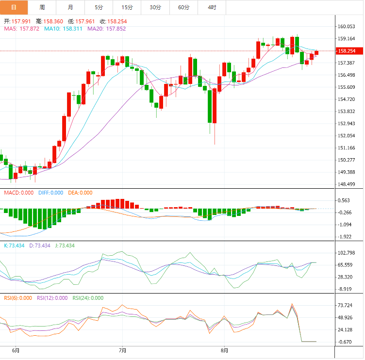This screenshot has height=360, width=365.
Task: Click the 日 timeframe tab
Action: pyautogui.click(x=14, y=7)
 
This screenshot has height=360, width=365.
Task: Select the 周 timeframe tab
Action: pyautogui.click(x=42, y=7)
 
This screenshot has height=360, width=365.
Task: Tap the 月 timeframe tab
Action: pyautogui.click(x=70, y=7)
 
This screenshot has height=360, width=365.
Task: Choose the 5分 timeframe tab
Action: pyautogui.click(x=99, y=7)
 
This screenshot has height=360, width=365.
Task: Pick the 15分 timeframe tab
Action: pyautogui.click(x=127, y=7)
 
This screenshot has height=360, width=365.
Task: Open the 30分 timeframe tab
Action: pyautogui.click(x=155, y=7)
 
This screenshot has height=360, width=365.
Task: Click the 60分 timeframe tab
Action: pyautogui.click(x=184, y=7)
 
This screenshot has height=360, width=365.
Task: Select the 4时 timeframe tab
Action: pyautogui.click(x=212, y=7)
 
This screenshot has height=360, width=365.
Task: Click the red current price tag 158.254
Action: pyautogui.click(x=349, y=51)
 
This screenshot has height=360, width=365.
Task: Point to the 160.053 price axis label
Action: pyautogui.click(x=348, y=27)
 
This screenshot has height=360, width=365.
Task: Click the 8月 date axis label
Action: pyautogui.click(x=224, y=350)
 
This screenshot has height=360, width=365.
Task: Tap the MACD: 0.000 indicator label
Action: pyautogui.click(x=18, y=193)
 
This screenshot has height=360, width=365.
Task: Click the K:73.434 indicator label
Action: pyautogui.click(x=14, y=245)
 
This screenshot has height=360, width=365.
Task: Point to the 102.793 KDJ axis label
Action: pyautogui.click(x=348, y=253)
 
